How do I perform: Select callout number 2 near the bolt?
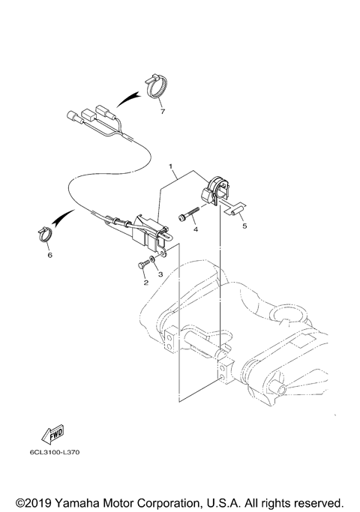click(145, 283)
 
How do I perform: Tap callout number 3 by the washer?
click(159, 275)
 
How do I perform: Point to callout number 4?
click(195, 230)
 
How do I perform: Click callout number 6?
click(49, 255)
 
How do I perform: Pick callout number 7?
click(160, 112)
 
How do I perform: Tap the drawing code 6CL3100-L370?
click(55, 452)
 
